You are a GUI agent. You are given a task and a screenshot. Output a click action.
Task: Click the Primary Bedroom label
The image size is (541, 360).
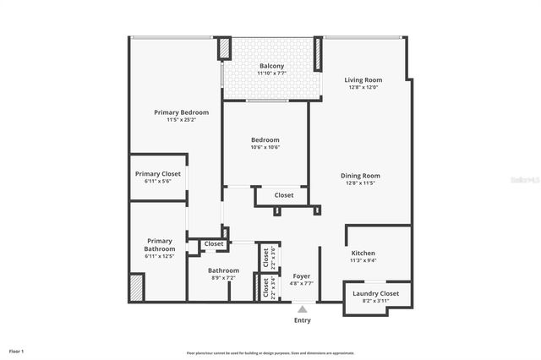pyautogui.click(x=181, y=112)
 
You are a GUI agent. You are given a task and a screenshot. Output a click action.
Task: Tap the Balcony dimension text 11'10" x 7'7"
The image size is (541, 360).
pyautogui.click(x=271, y=74)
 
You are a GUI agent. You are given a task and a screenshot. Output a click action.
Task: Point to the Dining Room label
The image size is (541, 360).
pyautogui.click(x=360, y=176)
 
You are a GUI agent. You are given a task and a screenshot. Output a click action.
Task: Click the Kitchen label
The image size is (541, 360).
pyautogui.click(x=363, y=254)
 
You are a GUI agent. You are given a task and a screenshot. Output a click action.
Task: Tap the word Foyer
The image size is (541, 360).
pyautogui.click(x=302, y=276)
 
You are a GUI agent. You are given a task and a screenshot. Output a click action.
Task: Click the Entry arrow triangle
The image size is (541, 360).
pyautogui.click(x=302, y=309)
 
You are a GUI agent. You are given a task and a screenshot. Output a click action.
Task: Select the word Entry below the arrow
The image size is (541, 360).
pyautogui.click(x=302, y=320)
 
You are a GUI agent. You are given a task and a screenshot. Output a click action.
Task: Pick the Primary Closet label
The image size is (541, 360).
pyautogui.click(x=158, y=174)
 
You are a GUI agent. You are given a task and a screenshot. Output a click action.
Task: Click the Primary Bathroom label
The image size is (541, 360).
pyautogui.click(x=160, y=245)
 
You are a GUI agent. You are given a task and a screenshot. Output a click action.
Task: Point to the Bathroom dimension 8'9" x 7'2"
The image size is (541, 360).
pyautogui.click(x=224, y=278)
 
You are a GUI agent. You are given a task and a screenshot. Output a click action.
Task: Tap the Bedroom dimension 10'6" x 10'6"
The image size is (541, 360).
pyautogui.click(x=265, y=148)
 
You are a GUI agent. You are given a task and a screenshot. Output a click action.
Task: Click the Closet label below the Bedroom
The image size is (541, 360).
pyautogui.click(x=284, y=195)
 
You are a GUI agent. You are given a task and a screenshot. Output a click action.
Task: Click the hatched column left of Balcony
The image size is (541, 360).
pyautogui.click(x=225, y=48)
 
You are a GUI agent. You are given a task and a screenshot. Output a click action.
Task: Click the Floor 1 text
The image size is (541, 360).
pyautogui.click(x=17, y=350)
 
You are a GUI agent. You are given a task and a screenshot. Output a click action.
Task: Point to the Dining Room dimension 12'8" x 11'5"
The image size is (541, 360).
pyautogui.click(x=360, y=183)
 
